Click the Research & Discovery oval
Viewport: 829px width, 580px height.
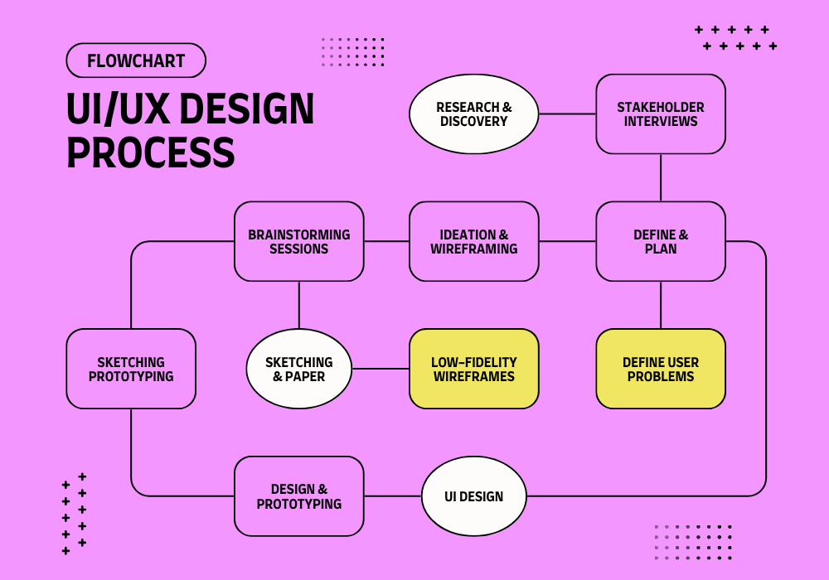(473, 114)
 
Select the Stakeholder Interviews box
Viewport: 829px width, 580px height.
(661, 114)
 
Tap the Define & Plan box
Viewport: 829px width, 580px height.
(661, 241)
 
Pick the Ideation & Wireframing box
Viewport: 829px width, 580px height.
(473, 241)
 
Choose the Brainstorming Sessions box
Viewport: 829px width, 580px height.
(299, 241)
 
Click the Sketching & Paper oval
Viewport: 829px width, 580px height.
(299, 369)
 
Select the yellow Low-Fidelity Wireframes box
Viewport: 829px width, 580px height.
(473, 369)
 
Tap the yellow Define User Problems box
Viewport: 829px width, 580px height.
(661, 369)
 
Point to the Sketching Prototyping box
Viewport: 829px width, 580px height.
(131, 369)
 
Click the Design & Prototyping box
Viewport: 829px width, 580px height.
(299, 496)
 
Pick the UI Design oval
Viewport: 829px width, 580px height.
(473, 496)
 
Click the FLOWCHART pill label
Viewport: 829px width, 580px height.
(136, 60)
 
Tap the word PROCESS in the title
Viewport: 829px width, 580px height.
(150, 153)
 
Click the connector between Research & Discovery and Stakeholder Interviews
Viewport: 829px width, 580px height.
(567, 114)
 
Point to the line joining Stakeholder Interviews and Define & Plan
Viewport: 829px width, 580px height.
(661, 177)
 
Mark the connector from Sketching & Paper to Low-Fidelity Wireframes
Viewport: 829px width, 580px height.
(381, 369)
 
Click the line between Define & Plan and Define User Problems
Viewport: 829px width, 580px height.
(661, 305)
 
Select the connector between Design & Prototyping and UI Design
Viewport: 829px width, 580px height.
(393, 496)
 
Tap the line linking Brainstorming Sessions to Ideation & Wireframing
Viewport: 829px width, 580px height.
(386, 241)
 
